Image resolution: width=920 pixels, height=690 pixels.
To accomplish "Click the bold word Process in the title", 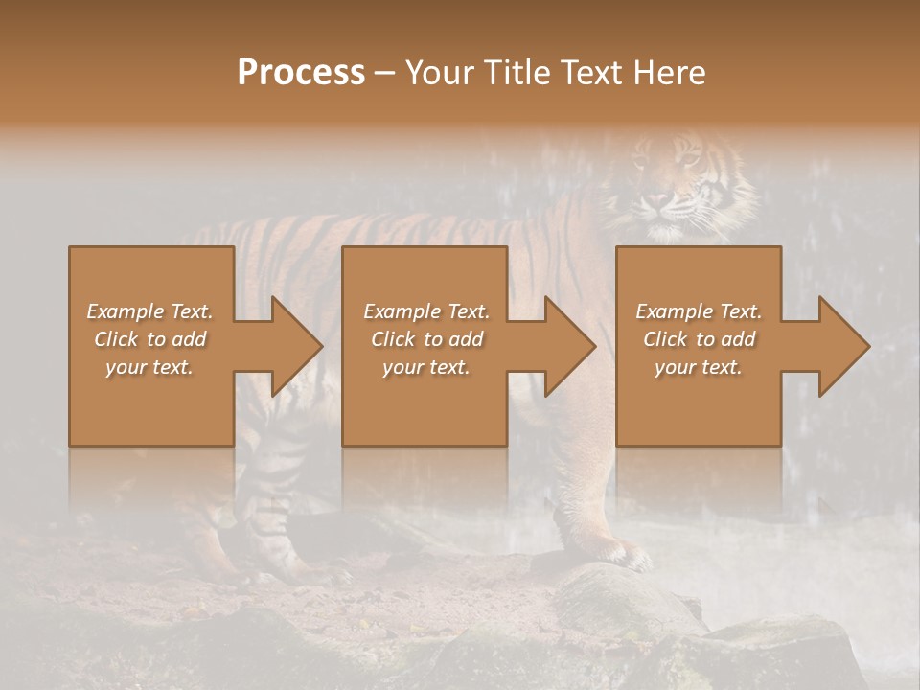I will [301, 73].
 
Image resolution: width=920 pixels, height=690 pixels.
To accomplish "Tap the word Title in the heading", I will [514, 73].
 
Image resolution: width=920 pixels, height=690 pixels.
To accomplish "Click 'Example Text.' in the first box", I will [150, 311].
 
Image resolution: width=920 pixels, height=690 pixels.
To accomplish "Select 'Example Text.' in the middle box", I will [426, 311].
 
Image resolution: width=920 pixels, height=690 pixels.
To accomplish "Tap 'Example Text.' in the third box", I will [699, 311].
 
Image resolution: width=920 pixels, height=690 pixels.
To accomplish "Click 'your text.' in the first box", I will [150, 367].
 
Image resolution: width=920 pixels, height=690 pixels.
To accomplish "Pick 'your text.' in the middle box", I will [426, 367].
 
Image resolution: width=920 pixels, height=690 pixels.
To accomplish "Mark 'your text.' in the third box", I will [699, 367].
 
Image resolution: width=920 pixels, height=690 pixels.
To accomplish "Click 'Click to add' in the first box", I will [150, 339].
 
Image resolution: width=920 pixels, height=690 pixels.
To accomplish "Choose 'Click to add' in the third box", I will [699, 339].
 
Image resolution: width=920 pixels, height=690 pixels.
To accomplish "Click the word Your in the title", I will [442, 73].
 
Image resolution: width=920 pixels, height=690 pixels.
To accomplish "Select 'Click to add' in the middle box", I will [426, 339].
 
